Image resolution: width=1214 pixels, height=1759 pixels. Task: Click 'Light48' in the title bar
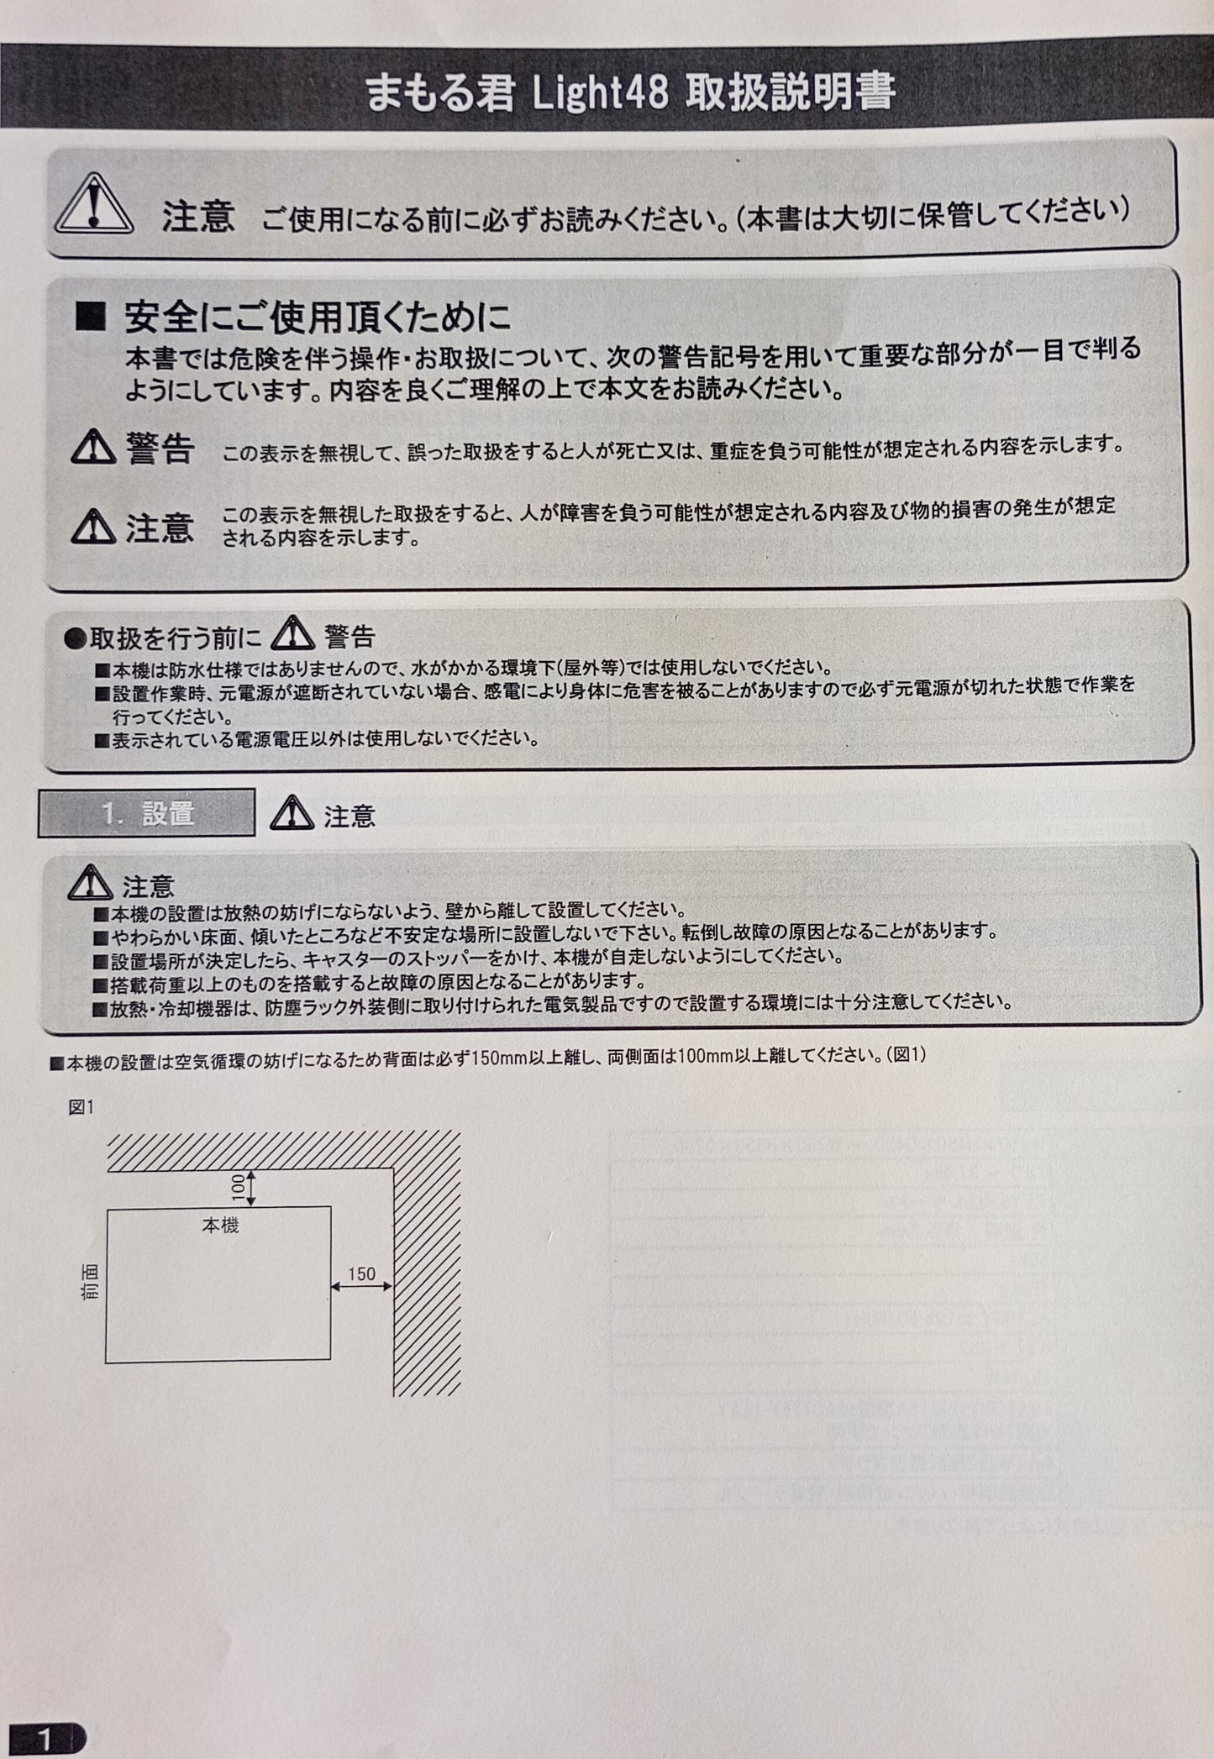click(601, 92)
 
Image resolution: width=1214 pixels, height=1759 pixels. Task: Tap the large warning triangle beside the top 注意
click(94, 205)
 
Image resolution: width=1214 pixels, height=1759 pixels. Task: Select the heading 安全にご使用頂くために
click(318, 317)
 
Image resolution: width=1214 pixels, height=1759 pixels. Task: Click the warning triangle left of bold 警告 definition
click(93, 448)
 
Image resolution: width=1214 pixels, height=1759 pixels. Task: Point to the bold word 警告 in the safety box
click(160, 449)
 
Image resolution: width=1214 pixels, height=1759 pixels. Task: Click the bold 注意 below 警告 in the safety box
click(160, 528)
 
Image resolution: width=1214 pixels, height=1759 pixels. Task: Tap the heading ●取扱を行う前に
click(163, 638)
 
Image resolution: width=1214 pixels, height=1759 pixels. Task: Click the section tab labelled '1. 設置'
click(146, 813)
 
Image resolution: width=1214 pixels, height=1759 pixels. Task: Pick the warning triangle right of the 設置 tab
click(292, 813)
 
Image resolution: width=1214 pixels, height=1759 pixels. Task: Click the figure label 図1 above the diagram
click(81, 1107)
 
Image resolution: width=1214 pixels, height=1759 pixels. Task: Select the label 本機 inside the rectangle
click(220, 1226)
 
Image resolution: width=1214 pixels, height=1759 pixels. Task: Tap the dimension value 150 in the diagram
click(361, 1273)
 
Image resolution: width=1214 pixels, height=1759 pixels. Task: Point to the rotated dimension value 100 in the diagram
click(238, 1186)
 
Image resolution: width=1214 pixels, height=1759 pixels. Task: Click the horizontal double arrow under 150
click(361, 1285)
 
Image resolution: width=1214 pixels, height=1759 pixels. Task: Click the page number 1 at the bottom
click(44, 1740)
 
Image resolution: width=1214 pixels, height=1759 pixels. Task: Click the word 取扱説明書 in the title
click(790, 92)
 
